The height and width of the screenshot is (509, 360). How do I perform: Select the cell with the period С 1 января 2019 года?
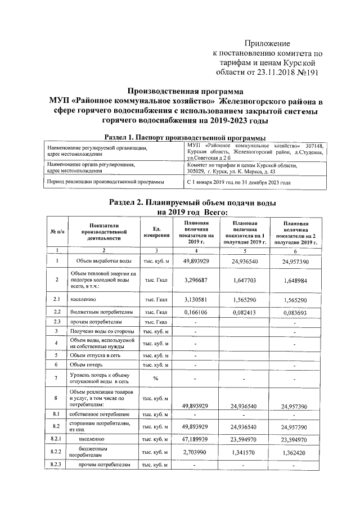pyautogui.click(x=238, y=183)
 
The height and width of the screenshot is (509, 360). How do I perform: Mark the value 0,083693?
pyautogui.click(x=296, y=312)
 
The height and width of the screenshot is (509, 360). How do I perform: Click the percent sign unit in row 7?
pyautogui.click(x=156, y=378)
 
